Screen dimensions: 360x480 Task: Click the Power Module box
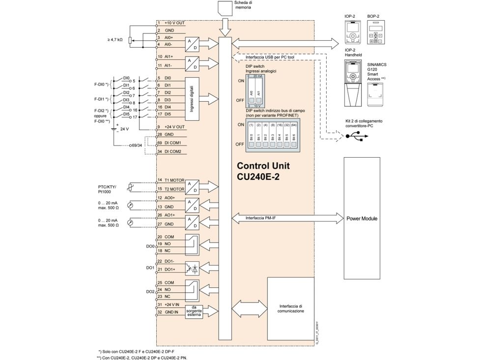[362, 218]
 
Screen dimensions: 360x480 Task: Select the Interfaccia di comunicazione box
[290, 308]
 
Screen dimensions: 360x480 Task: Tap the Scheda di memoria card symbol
[226, 8]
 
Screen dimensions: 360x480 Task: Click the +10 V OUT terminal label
[174, 23]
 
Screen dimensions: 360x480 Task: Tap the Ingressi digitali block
[192, 99]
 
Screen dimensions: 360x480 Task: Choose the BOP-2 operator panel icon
[377, 35]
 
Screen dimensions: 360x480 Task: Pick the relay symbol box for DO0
[192, 244]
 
